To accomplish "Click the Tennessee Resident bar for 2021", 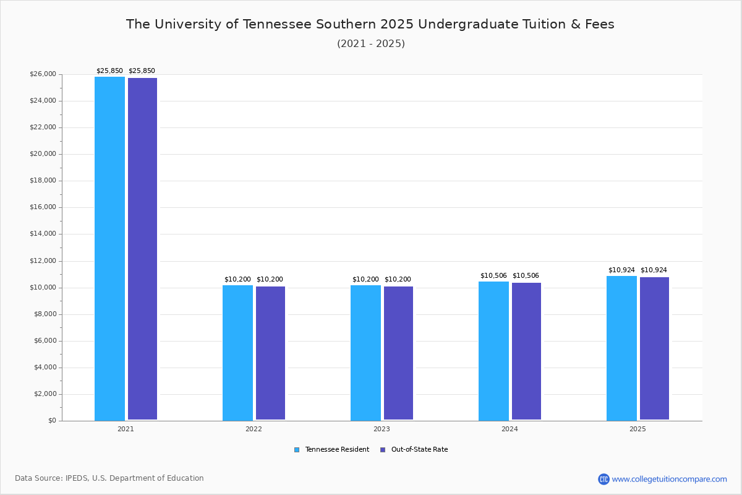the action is click(x=109, y=248).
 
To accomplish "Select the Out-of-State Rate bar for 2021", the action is click(x=142, y=249).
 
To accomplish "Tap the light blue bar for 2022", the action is click(x=237, y=353).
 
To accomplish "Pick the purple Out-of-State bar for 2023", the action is click(x=398, y=353).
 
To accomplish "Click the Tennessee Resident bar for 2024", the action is click(x=493, y=351).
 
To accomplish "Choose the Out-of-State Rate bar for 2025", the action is click(x=655, y=348).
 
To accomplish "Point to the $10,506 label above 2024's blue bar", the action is click(x=493, y=275).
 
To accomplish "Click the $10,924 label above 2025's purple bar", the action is click(x=654, y=270).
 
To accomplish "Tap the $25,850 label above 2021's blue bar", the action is click(x=109, y=71).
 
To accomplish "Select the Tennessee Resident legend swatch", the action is click(x=297, y=450).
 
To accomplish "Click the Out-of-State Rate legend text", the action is click(x=419, y=449).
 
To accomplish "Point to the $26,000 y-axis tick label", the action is click(x=43, y=74).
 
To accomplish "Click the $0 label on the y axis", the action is click(x=53, y=420).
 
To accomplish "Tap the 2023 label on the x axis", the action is click(x=382, y=429).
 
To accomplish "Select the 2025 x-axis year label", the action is click(x=638, y=429).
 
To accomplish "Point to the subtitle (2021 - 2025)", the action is click(x=371, y=43).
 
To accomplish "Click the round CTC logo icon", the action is click(x=603, y=479).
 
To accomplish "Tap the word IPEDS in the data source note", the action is click(x=77, y=478).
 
